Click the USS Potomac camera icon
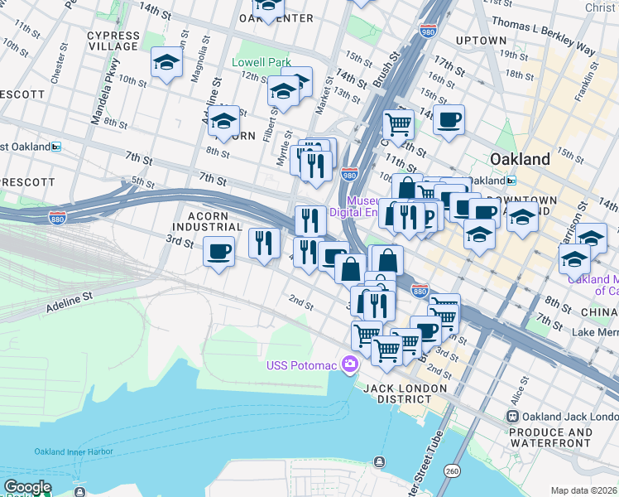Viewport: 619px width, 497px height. [x=350, y=364]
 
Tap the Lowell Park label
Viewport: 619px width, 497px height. [x=262, y=62]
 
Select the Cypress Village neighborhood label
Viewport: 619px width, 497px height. [x=113, y=41]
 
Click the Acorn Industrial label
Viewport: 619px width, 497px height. [x=207, y=221]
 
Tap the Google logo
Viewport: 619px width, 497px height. [x=27, y=488]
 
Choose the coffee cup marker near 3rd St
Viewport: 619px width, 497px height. [x=219, y=250]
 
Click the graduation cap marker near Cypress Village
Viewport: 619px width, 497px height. [x=166, y=62]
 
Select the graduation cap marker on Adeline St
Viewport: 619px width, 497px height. [x=223, y=121]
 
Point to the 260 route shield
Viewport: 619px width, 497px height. [x=451, y=470]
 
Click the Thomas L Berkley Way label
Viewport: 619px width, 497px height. [x=544, y=32]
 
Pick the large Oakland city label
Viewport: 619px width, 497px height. [x=520, y=159]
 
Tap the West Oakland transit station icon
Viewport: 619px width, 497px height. [x=56, y=147]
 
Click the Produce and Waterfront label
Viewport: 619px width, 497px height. [x=550, y=438]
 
